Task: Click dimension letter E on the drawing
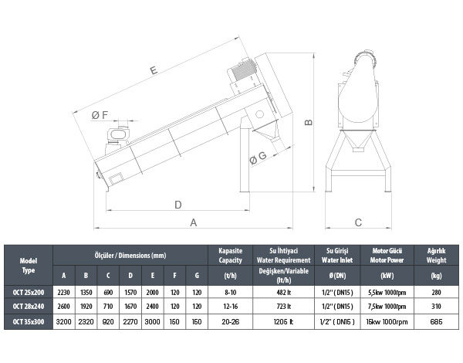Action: [x=154, y=70]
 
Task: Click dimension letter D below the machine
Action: [x=178, y=205]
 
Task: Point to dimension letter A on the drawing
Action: [x=194, y=222]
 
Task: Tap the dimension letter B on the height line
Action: [x=309, y=122]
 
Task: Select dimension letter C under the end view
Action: [x=358, y=222]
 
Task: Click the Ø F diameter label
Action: [x=100, y=115]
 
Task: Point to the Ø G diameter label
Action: [x=258, y=158]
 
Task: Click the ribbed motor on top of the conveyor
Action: [x=243, y=70]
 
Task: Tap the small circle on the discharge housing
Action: [x=259, y=114]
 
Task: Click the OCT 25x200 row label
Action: [x=29, y=293]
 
